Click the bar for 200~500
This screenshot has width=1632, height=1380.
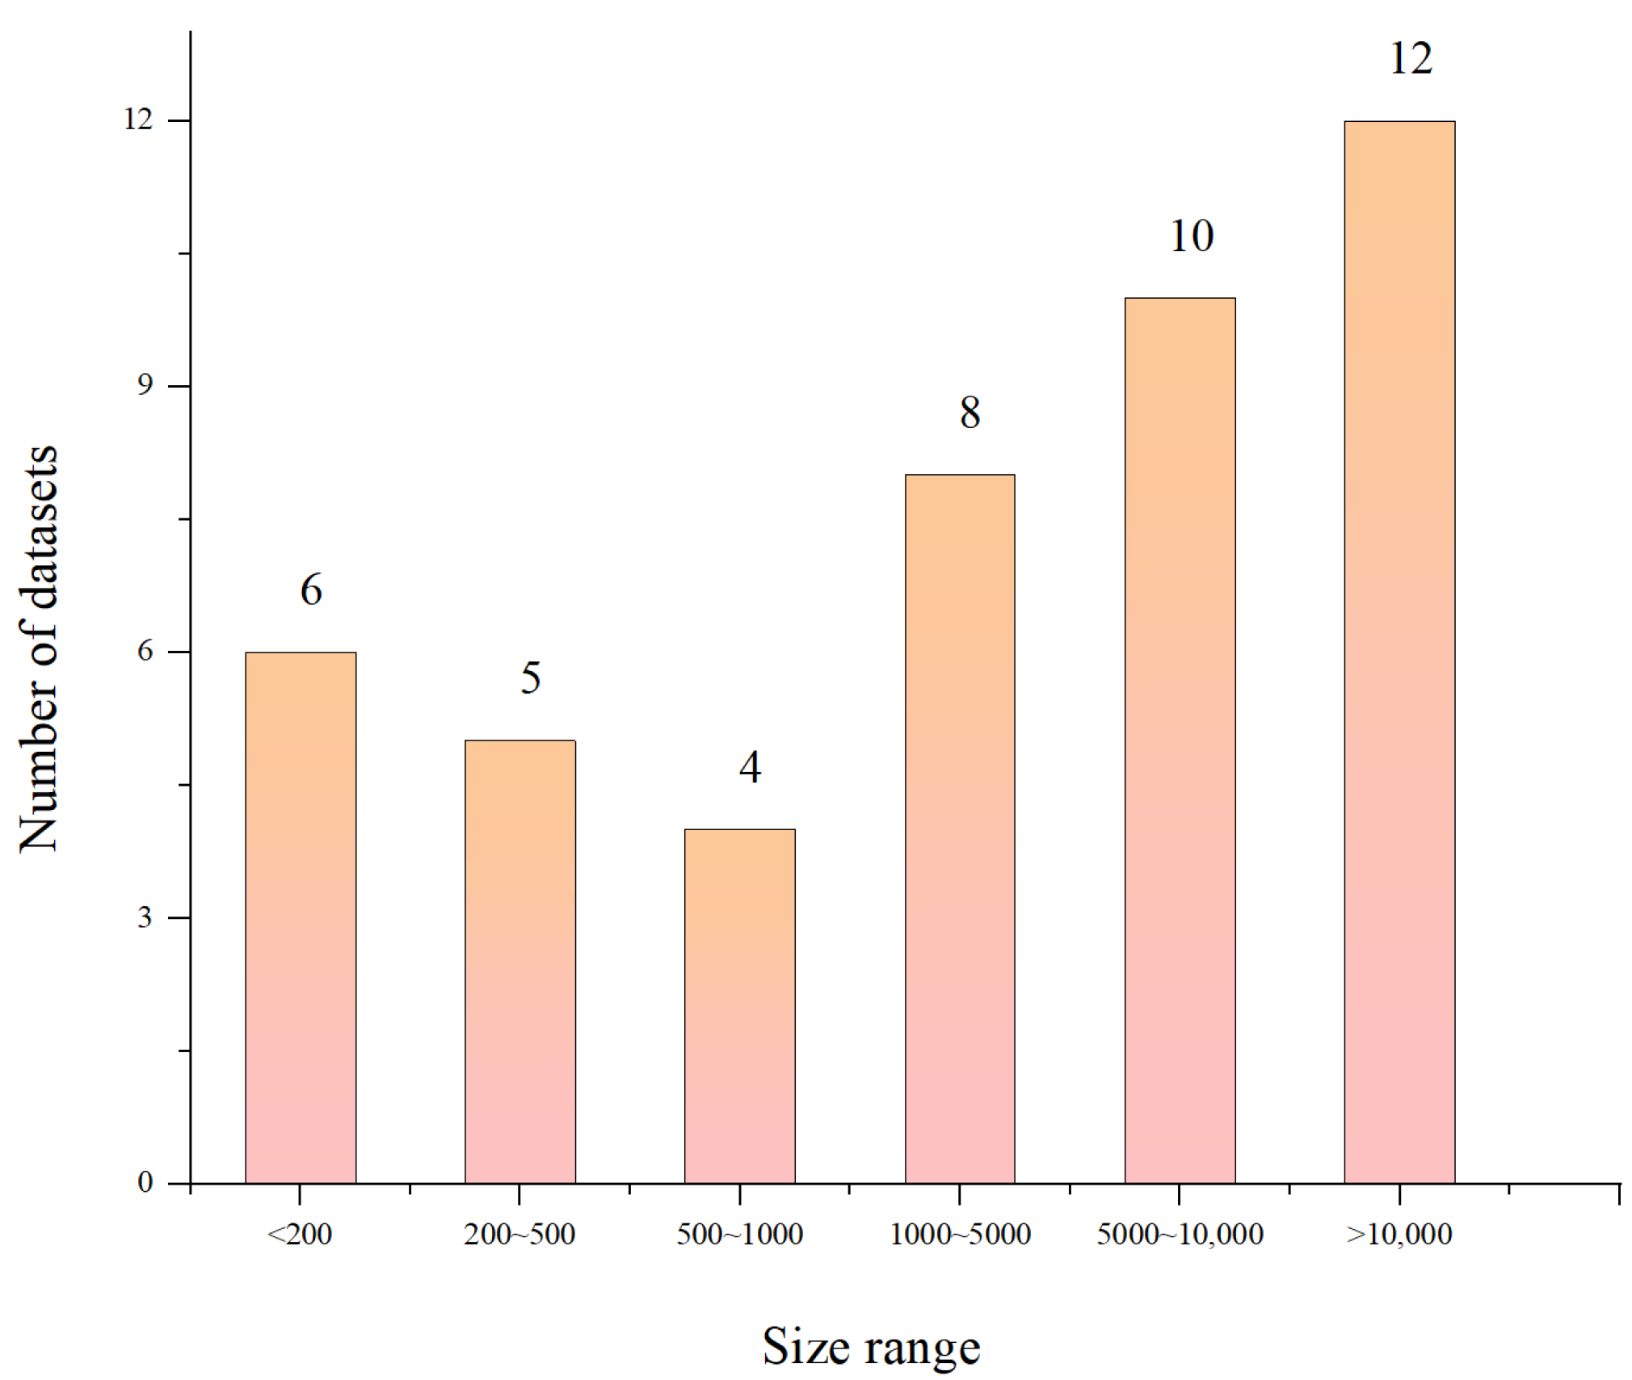click(519, 961)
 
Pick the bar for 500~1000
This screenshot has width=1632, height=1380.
click(739, 1005)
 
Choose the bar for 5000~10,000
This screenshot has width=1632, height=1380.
click(1180, 740)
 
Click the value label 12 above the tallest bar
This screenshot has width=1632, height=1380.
click(1411, 59)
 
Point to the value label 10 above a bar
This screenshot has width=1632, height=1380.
click(1191, 237)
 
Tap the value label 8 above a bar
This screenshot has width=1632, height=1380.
click(970, 413)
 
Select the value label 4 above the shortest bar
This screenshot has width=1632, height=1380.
click(750, 767)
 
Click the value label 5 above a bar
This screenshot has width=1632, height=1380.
click(530, 678)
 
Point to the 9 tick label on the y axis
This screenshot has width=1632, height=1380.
click(145, 385)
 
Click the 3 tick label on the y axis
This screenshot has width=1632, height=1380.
click(145, 917)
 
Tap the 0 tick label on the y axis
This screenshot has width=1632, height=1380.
click(145, 1182)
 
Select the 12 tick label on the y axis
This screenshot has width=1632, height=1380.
click(137, 120)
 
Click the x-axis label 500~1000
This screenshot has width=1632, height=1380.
click(739, 1235)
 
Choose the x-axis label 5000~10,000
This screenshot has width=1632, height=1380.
click(1180, 1235)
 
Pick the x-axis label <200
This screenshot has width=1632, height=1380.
click(300, 1235)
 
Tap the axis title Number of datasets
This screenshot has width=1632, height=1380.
click(39, 648)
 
